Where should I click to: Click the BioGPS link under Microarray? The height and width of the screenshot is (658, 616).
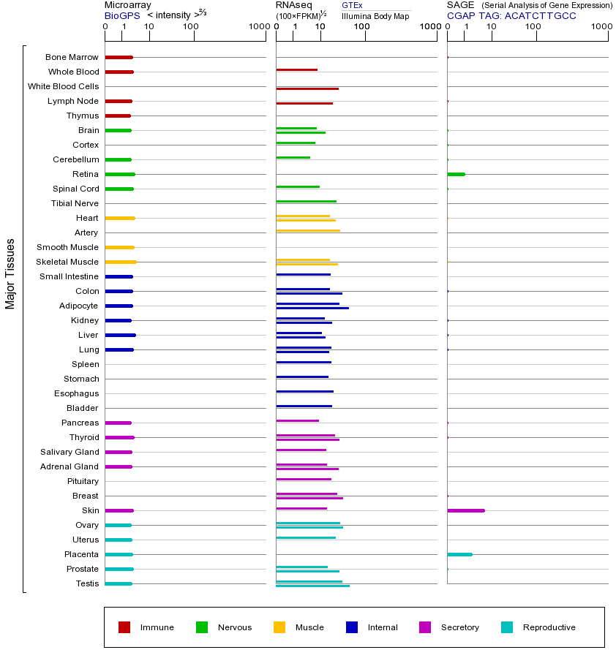point(121,15)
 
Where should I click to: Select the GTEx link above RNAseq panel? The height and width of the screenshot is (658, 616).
point(352,5)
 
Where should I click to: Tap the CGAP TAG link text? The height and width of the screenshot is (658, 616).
point(511,15)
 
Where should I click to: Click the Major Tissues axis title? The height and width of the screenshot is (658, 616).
point(10,273)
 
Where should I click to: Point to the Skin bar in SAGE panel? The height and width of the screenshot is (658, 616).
point(466,510)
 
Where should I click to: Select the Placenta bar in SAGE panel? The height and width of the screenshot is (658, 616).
point(459,554)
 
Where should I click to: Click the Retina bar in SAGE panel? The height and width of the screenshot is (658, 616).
point(456,174)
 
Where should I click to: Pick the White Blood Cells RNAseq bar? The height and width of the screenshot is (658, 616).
point(307,88)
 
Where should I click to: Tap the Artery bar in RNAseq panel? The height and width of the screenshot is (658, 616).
point(308,230)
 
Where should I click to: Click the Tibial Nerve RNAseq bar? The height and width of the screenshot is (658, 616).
point(306,201)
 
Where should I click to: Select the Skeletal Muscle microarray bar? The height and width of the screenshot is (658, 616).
point(121,262)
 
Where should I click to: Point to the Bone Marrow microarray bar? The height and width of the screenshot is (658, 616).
point(119,57)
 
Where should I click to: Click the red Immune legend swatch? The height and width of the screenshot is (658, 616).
point(124,627)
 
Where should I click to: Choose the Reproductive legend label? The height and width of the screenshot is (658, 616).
point(549,627)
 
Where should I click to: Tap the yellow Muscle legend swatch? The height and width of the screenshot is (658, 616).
point(279,627)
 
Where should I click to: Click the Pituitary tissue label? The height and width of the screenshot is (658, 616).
point(83,481)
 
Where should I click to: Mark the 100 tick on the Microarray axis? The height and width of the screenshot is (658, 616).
point(191,27)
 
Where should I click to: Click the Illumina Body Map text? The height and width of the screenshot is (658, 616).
point(375,15)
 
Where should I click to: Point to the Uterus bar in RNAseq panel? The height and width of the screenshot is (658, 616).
point(306,537)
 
